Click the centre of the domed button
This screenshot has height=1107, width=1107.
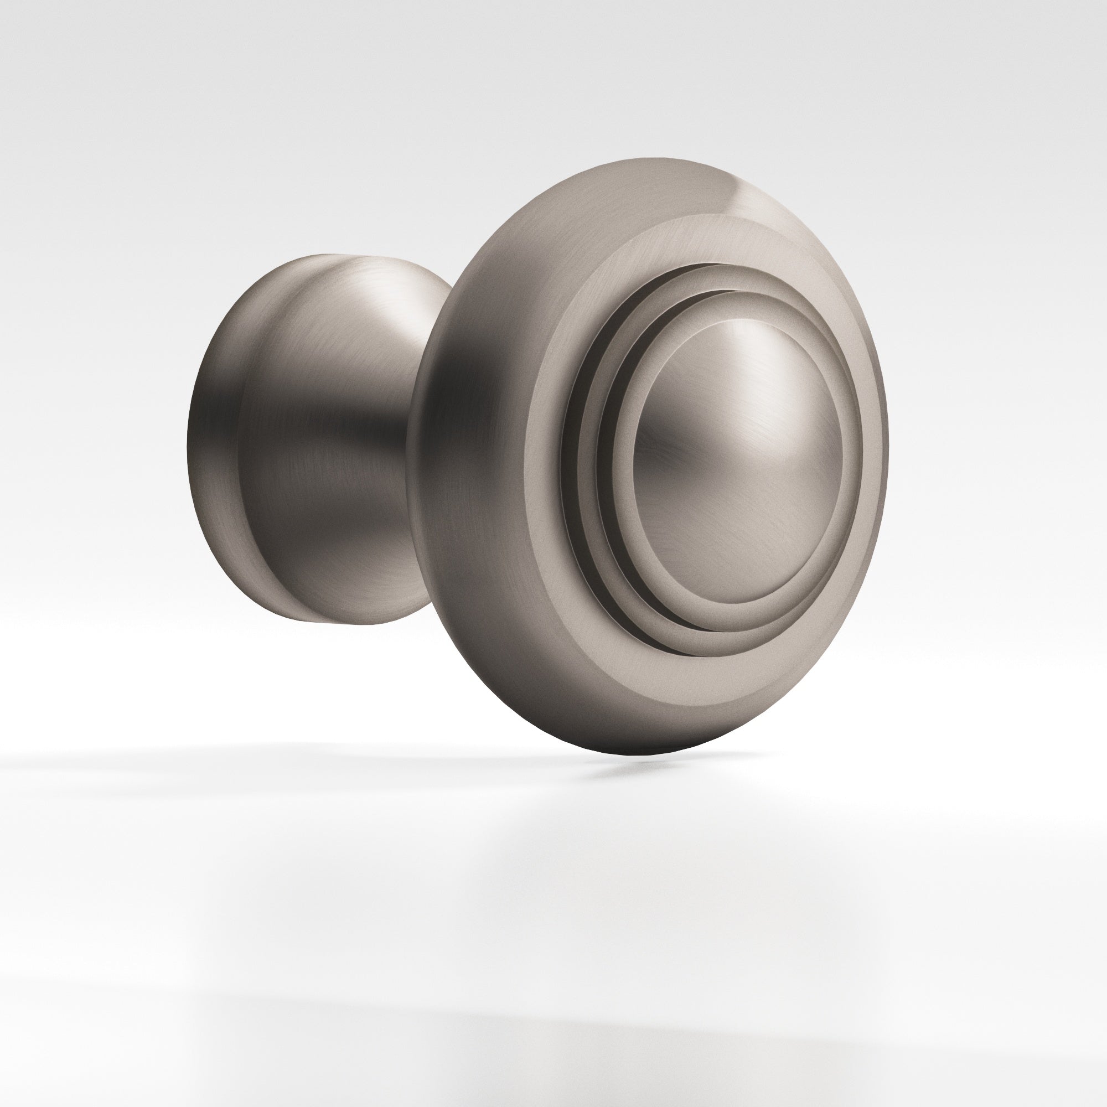(739, 458)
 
